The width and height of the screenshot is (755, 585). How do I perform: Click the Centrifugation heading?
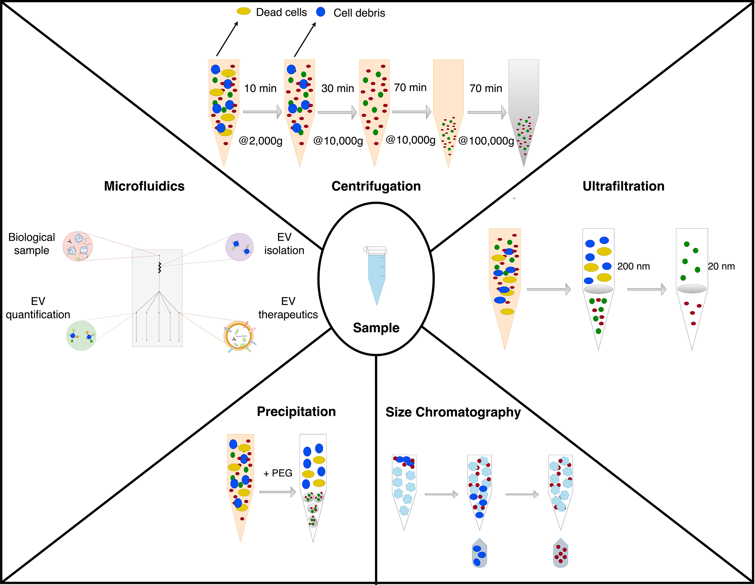click(376, 186)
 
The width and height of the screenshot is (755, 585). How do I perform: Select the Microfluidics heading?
click(144, 186)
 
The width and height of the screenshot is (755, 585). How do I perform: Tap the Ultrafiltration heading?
click(623, 186)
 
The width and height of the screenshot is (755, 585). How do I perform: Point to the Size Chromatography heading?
click(453, 412)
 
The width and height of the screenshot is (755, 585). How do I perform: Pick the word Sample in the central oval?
click(376, 328)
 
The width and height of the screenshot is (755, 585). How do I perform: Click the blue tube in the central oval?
click(377, 276)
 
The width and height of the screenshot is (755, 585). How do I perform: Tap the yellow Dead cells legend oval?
click(243, 11)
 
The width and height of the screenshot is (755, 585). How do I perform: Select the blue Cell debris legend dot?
click(321, 12)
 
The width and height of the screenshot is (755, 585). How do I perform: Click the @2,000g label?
click(261, 141)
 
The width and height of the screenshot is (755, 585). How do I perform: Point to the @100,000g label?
click(486, 141)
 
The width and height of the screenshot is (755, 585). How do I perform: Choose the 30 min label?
click(337, 89)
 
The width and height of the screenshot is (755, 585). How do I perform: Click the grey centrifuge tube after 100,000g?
click(523, 111)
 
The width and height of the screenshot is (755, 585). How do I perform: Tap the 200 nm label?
click(633, 266)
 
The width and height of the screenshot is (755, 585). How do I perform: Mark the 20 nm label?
click(721, 266)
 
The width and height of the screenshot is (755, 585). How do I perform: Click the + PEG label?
click(278, 473)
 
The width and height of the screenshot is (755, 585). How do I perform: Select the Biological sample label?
click(31, 244)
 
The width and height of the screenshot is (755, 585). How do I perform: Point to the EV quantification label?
click(38, 308)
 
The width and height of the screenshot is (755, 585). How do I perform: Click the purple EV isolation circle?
click(239, 247)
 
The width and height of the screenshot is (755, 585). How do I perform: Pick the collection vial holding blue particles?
click(479, 554)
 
